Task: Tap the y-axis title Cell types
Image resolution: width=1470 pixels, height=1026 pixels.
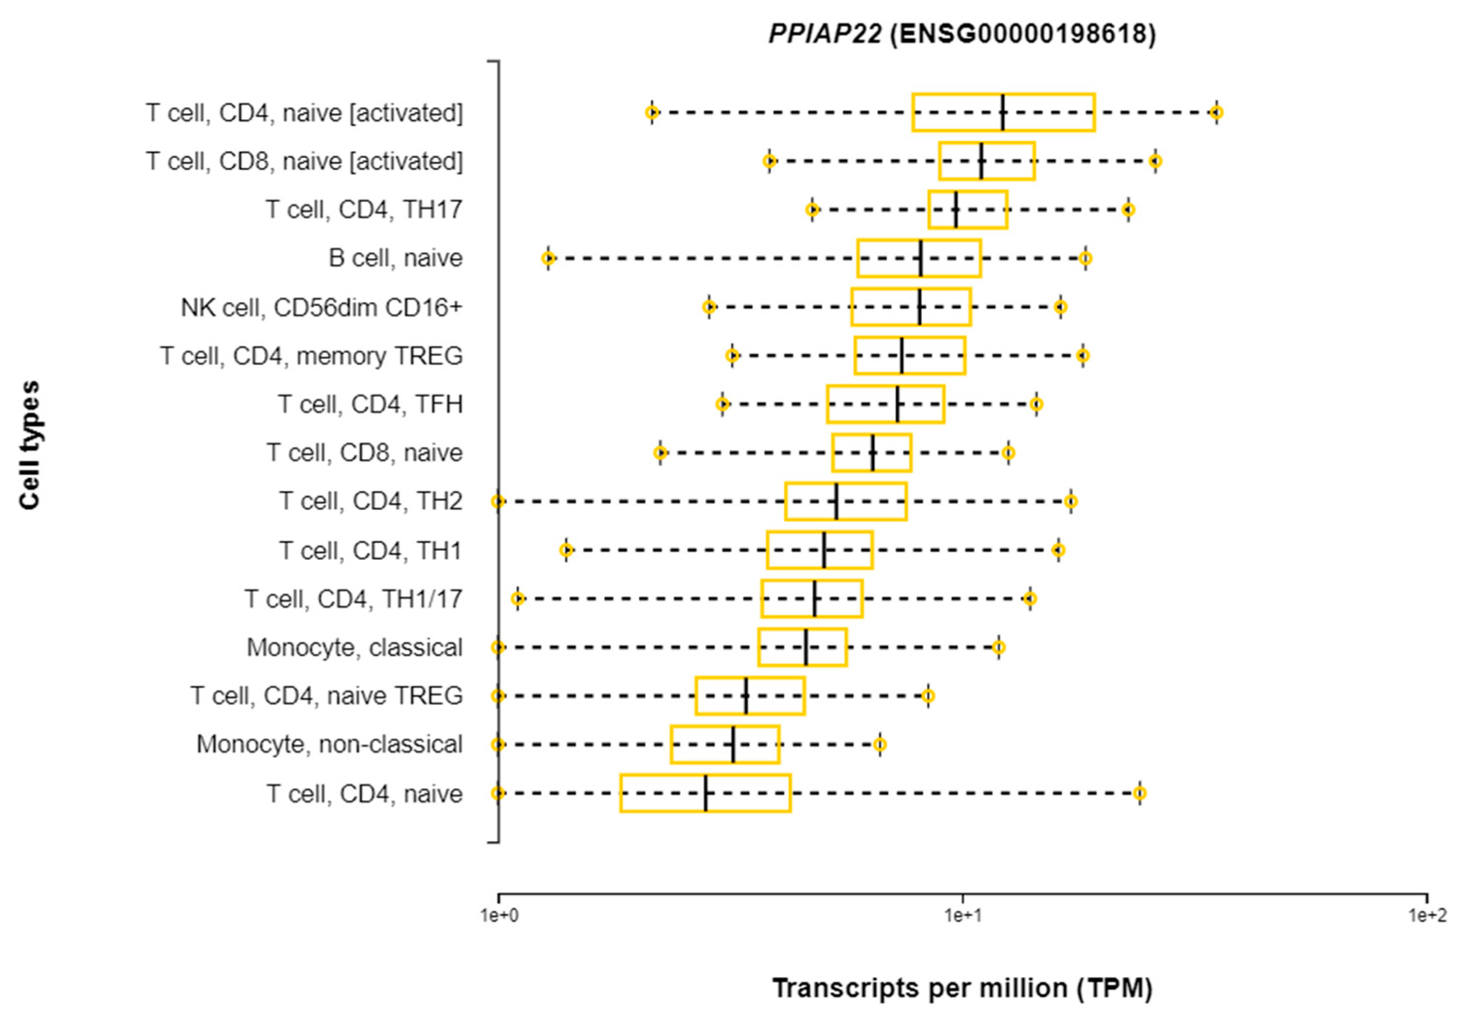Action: coord(29,445)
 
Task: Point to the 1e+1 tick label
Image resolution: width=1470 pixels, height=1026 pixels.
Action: coord(962,916)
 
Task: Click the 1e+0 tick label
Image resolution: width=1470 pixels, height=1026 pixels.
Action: coord(499,916)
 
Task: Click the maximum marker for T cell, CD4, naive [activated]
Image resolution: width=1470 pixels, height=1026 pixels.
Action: coord(1216,113)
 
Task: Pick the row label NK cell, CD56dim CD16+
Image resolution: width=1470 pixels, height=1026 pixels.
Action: coord(321,308)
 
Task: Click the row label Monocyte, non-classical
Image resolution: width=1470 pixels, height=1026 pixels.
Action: coord(329,744)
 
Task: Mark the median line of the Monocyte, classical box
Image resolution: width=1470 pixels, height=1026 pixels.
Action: coord(806,647)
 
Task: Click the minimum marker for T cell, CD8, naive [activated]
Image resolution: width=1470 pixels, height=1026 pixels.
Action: coord(770,161)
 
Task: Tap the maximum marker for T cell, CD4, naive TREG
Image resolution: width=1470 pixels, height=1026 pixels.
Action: coord(928,696)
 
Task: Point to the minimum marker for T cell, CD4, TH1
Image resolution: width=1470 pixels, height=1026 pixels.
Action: coord(565,550)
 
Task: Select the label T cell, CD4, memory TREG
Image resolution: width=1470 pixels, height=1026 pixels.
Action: coord(311,356)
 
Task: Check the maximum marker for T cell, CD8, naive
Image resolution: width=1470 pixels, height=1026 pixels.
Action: coord(1008,453)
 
